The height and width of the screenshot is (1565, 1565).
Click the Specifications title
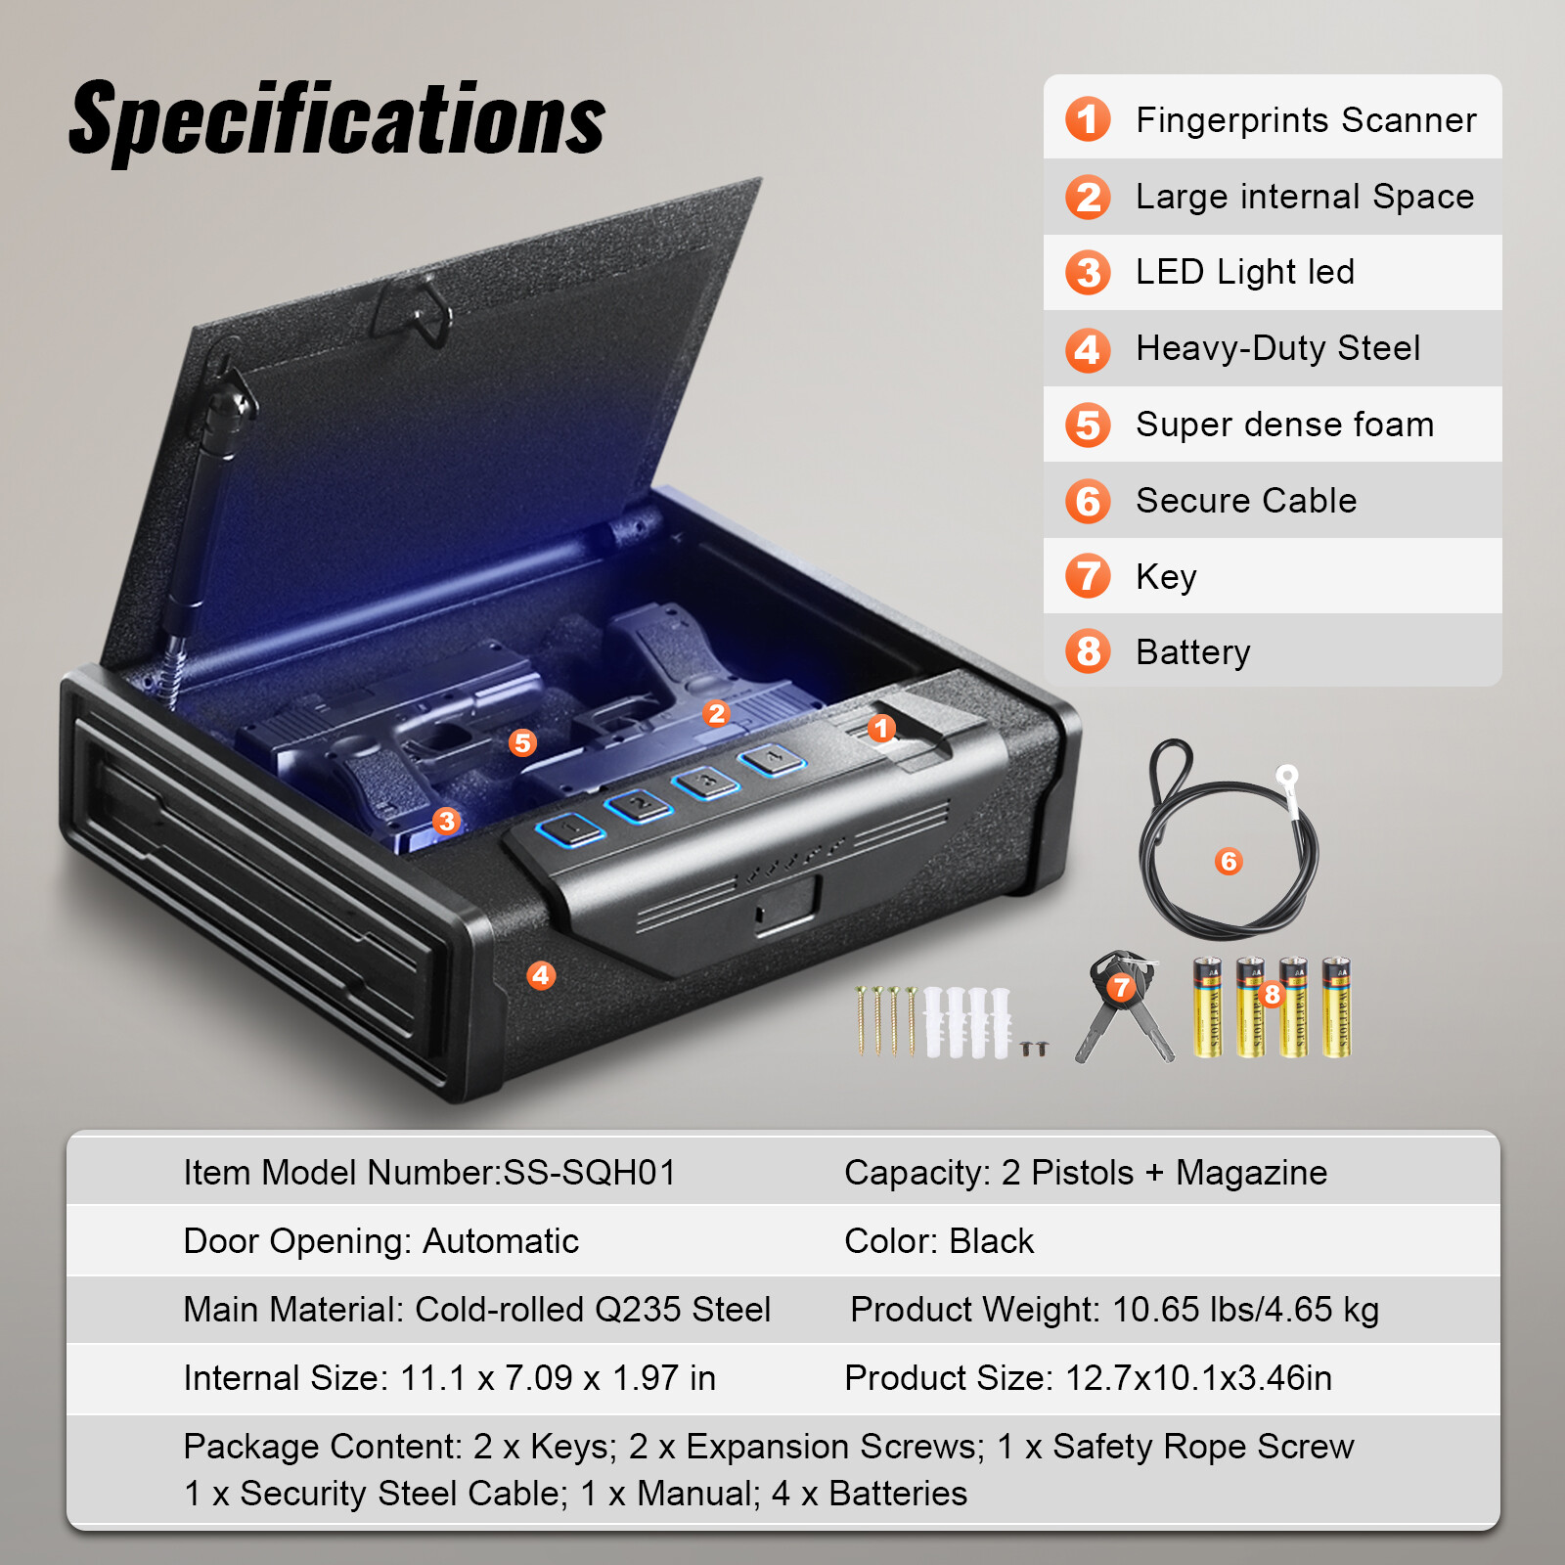(337, 120)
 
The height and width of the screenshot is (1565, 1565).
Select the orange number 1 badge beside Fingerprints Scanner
(1088, 119)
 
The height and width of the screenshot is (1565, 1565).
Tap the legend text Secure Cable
(1246, 501)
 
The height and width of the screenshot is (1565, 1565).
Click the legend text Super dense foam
(1284, 425)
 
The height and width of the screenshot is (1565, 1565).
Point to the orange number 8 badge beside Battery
(1088, 651)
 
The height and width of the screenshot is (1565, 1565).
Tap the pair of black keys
(1123, 1007)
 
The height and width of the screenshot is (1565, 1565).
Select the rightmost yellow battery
(1336, 1007)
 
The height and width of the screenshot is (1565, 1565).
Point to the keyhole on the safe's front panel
(761, 914)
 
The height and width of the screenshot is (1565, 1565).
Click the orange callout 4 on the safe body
(541, 975)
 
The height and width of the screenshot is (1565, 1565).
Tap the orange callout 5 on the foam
(522, 743)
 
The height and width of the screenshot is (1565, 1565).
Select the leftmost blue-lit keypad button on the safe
(570, 830)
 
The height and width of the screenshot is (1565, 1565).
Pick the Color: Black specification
(939, 1240)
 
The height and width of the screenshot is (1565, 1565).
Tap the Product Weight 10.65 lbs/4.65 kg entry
(1114, 1309)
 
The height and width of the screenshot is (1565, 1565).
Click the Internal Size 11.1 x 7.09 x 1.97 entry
(449, 1377)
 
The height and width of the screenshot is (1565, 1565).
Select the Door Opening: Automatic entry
(380, 1240)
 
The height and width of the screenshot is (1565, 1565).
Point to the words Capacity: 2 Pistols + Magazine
(1086, 1172)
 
